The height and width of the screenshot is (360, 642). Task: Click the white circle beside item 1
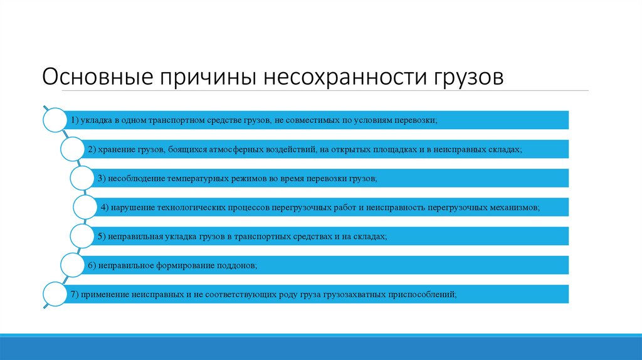(55, 120)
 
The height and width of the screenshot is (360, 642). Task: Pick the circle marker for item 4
(88, 206)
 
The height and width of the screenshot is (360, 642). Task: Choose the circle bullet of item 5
(83, 236)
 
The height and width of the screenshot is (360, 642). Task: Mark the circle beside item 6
(73, 265)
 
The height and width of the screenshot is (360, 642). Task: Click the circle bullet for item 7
(55, 294)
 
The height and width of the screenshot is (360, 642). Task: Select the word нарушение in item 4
(133, 207)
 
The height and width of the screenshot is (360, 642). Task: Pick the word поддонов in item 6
(233, 265)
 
